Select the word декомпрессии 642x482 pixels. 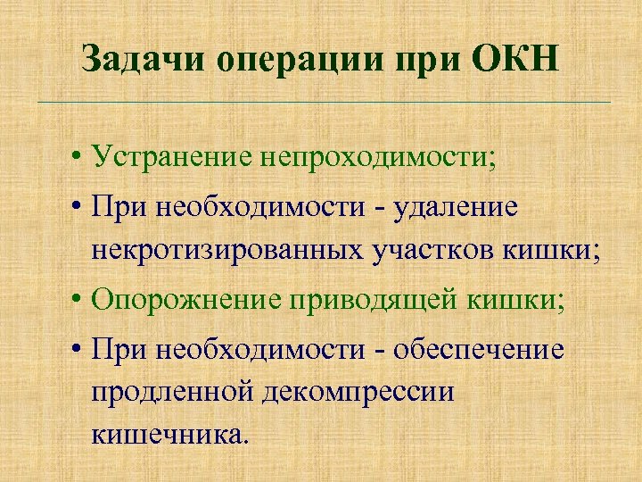(x=357, y=394)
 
